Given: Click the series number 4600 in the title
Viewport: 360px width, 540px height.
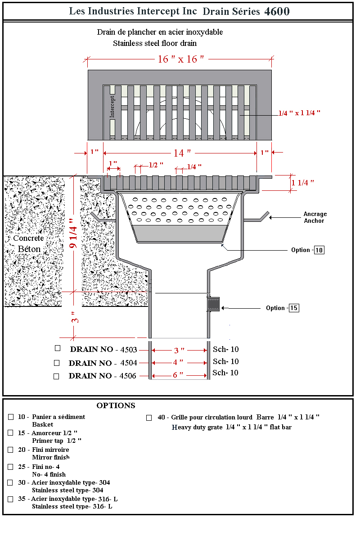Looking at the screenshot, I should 276,11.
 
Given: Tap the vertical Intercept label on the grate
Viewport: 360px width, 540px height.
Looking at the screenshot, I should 112,106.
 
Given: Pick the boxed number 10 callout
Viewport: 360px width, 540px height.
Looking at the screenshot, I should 319,250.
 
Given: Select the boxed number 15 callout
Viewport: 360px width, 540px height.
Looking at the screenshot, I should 293,308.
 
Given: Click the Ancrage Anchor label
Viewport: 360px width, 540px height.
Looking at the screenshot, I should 315,217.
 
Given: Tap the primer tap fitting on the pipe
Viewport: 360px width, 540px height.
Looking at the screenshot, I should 214,304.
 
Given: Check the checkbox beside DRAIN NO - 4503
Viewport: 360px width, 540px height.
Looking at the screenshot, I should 57,348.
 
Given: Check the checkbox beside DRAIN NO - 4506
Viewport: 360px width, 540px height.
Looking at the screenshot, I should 56,376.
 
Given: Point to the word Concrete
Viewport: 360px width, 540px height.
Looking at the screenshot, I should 28,238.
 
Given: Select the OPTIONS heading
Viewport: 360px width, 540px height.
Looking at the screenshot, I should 116,405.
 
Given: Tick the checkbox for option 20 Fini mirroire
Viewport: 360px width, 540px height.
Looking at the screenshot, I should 11,450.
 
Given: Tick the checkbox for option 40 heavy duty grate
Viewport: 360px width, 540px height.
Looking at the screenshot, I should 149,418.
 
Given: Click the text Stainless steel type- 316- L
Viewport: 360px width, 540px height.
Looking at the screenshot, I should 72,506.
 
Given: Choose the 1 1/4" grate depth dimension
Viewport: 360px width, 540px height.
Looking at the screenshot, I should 302,183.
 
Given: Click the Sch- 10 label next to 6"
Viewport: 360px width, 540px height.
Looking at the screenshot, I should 225,373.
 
